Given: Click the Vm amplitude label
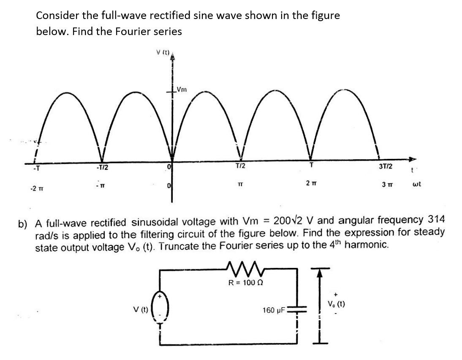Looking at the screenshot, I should coord(183,89).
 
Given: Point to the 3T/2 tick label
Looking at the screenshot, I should coord(386,166).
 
